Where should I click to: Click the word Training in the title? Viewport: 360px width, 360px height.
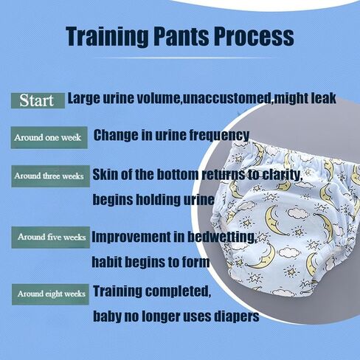(108, 37)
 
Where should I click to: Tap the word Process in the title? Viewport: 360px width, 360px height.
(254, 36)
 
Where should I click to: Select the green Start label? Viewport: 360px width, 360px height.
(38, 100)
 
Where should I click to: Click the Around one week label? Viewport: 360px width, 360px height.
(49, 137)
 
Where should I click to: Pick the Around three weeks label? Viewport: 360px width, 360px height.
(50, 176)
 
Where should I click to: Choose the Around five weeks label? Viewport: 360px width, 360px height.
(51, 238)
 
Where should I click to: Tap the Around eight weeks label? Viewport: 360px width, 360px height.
(50, 294)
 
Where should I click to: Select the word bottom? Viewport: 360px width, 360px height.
(177, 174)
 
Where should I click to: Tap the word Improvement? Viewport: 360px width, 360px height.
(131, 238)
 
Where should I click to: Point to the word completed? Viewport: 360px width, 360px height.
(178, 291)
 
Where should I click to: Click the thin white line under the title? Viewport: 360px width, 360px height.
(183, 58)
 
